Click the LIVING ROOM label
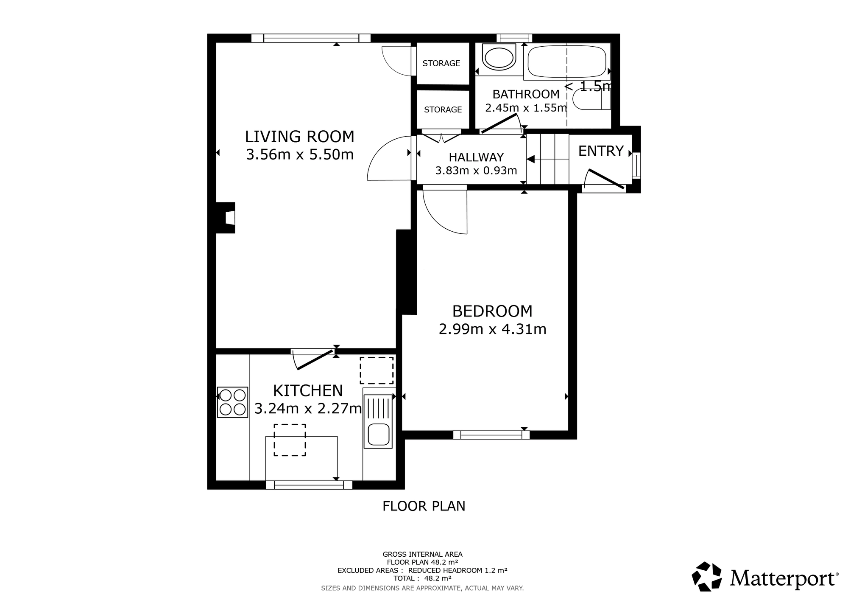tap(300, 137)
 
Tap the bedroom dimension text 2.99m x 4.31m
tap(492, 329)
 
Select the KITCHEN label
tap(308, 390)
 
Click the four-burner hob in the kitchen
tap(232, 402)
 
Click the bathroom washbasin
tap(499, 58)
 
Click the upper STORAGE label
tap(441, 63)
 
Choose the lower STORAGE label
tap(443, 109)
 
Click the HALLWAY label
tap(476, 157)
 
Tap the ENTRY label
tap(601, 151)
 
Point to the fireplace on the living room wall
tap(226, 218)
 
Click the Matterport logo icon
tap(707, 577)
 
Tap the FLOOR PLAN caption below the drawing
tap(424, 506)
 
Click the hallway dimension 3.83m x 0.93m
tap(476, 171)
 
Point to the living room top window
tap(311, 38)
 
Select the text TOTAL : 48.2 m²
tap(422, 578)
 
